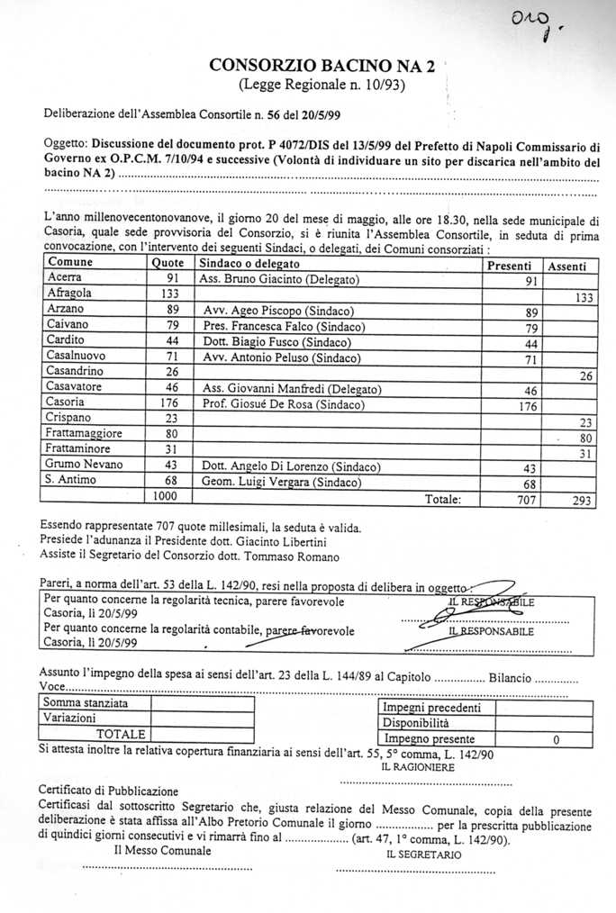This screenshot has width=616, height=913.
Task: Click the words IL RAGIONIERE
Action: pos(419,768)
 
